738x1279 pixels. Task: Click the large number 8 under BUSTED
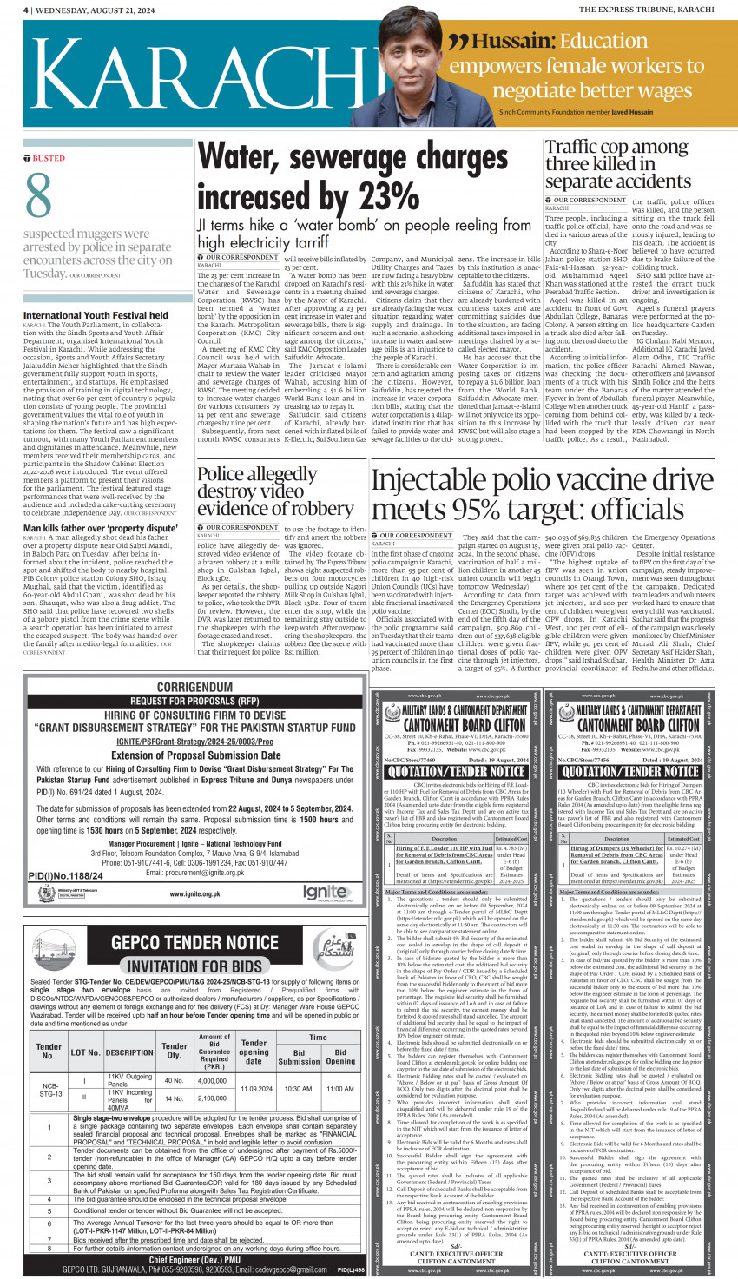click(38, 196)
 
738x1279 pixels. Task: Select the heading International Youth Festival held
click(96, 315)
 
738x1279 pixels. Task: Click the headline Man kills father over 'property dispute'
click(100, 528)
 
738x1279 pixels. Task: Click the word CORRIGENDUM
click(194, 687)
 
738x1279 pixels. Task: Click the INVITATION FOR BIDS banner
click(194, 966)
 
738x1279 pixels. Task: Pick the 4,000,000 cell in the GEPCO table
click(213, 1081)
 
